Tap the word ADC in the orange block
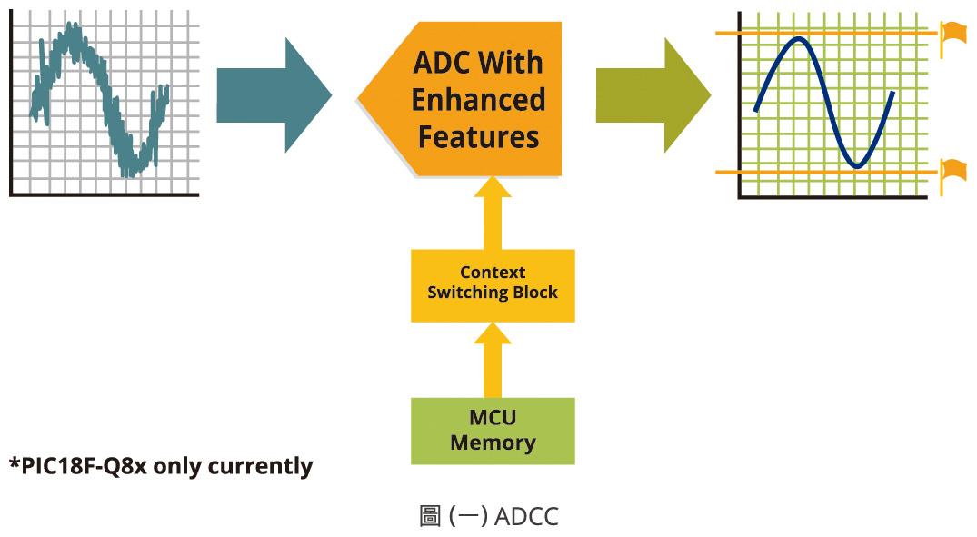[x=444, y=63]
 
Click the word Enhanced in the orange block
[x=479, y=100]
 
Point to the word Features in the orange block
[x=478, y=137]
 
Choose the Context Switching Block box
[x=493, y=283]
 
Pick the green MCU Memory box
[x=493, y=431]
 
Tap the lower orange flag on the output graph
[x=953, y=170]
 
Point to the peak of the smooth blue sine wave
[x=798, y=39]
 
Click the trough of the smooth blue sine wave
[x=855, y=166]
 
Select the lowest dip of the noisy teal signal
[x=133, y=173]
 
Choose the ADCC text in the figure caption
[x=527, y=517]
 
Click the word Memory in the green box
[x=493, y=443]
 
